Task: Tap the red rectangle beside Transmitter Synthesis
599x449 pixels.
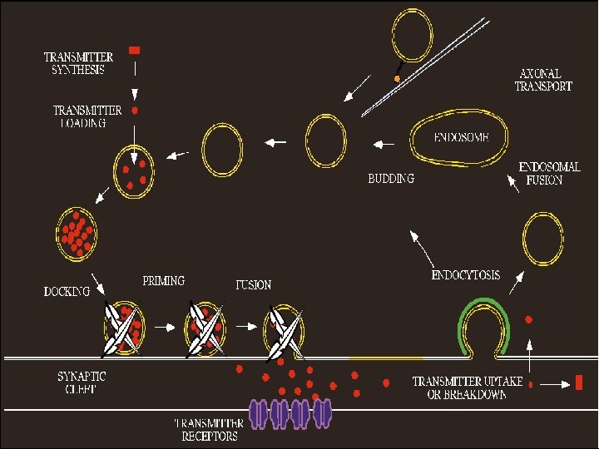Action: [x=135, y=51]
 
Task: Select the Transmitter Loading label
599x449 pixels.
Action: [x=87, y=116]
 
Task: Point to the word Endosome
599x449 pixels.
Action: [x=461, y=136]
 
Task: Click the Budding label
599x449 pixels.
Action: [x=391, y=179]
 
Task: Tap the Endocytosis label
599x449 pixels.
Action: [x=466, y=274]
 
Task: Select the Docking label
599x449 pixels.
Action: [x=67, y=292]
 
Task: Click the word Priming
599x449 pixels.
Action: [x=164, y=281]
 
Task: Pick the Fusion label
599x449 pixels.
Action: [x=253, y=284]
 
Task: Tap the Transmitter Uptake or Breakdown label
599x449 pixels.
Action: [x=468, y=388]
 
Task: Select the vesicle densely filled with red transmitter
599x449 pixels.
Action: [x=77, y=231]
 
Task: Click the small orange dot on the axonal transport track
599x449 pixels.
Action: [x=398, y=78]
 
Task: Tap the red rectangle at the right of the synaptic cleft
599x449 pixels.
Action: [x=578, y=382]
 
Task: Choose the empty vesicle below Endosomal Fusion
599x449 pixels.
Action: [x=544, y=238]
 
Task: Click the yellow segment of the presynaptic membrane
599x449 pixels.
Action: [x=386, y=358]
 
